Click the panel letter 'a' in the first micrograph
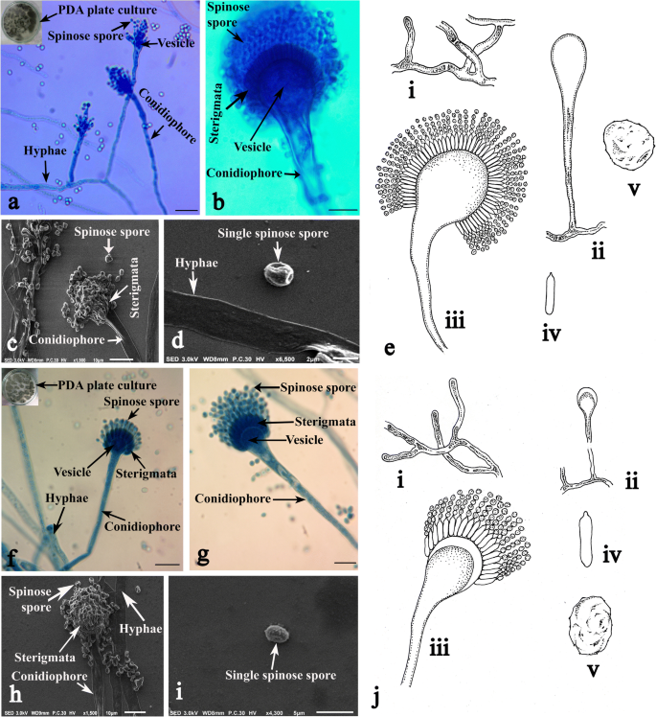pyautogui.click(x=12, y=202)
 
